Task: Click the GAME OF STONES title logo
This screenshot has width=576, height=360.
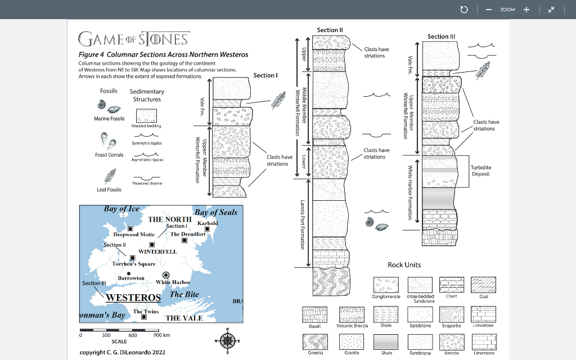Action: (x=134, y=38)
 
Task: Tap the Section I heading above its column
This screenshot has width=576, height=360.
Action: (x=265, y=75)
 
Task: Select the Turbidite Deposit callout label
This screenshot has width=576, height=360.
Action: (x=481, y=170)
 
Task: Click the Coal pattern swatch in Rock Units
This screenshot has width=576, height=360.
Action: (x=484, y=285)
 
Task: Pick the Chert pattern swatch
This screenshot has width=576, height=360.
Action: (x=451, y=285)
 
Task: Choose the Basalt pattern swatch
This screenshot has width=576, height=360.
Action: (x=314, y=314)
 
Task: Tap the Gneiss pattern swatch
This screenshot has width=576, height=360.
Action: (x=315, y=341)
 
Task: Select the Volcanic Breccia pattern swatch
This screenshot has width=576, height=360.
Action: (x=352, y=314)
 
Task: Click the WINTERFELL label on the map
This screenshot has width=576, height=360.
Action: (x=157, y=251)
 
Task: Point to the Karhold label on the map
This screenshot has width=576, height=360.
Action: (x=208, y=223)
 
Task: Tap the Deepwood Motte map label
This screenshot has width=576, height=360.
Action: (x=134, y=234)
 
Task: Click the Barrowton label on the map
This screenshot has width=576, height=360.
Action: (x=131, y=278)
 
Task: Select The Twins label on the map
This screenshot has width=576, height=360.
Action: (x=146, y=311)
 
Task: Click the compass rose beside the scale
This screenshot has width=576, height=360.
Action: (x=228, y=340)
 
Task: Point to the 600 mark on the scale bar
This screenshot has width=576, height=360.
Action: (x=133, y=335)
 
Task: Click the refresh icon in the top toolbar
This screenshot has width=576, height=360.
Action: (x=463, y=10)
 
